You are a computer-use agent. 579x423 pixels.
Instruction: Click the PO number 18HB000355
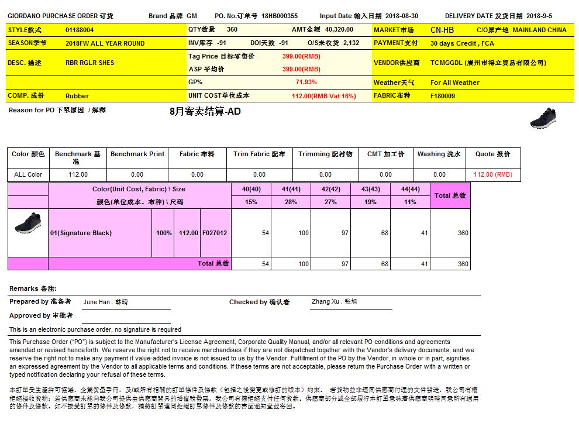tap(280, 16)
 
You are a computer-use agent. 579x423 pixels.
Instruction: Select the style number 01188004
tap(80, 30)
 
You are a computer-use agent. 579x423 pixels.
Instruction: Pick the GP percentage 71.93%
tap(306, 82)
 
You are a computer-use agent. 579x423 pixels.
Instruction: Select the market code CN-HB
tap(442, 30)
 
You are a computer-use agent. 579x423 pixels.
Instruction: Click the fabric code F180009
tap(442, 95)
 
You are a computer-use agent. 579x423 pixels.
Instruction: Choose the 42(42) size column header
tap(330, 189)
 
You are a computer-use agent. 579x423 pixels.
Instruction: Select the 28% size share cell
tap(291, 202)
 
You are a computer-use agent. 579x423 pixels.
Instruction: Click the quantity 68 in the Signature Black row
tap(384, 233)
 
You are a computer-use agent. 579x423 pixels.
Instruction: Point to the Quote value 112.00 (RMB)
tap(492, 174)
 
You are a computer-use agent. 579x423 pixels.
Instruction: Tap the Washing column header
tap(439, 154)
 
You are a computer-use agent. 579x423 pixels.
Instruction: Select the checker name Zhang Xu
tap(334, 302)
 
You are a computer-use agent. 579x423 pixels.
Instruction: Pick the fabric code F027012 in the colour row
tap(215, 233)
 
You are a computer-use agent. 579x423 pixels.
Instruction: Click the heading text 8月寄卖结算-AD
tap(205, 111)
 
